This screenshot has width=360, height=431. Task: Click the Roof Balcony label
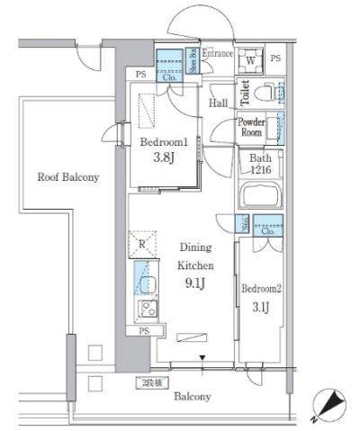(x=67, y=177)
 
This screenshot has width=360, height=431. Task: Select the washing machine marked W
(x=249, y=60)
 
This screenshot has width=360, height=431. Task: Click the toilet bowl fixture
(x=263, y=93)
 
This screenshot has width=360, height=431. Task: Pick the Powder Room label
(x=251, y=126)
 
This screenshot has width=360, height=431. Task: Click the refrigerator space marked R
(x=139, y=243)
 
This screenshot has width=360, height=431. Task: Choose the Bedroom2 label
(x=261, y=289)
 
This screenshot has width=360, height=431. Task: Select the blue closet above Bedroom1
(x=169, y=66)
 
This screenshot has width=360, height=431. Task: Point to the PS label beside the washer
(x=275, y=59)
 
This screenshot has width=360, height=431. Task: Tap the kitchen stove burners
(x=146, y=311)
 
